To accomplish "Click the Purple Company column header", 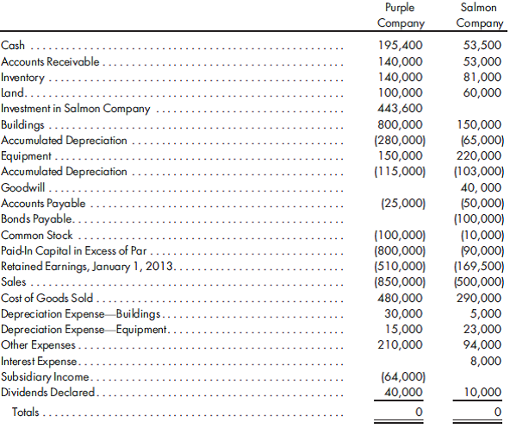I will click(401, 15).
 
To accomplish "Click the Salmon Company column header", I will click(481, 15).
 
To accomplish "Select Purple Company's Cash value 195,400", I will click(401, 46).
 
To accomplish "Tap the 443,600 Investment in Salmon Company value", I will click(401, 109).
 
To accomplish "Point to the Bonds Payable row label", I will click(34, 219).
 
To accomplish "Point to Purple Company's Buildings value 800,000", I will click(401, 124).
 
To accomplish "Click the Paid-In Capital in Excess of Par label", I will click(70, 250).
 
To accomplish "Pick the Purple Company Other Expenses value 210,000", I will click(401, 344).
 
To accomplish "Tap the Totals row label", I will click(26, 413).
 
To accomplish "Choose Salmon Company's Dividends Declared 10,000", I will click(482, 392).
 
